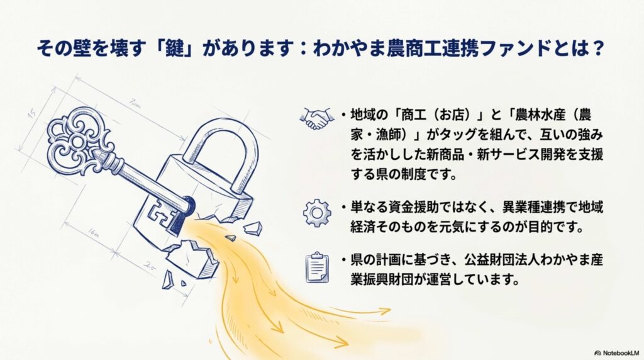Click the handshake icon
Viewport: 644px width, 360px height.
317,118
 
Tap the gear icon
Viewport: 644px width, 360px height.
317,213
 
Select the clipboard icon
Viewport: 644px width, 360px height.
317,267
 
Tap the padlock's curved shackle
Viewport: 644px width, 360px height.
222,153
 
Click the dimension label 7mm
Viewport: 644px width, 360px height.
135,104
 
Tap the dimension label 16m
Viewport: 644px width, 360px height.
93,233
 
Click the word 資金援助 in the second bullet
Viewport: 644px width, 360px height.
413,206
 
